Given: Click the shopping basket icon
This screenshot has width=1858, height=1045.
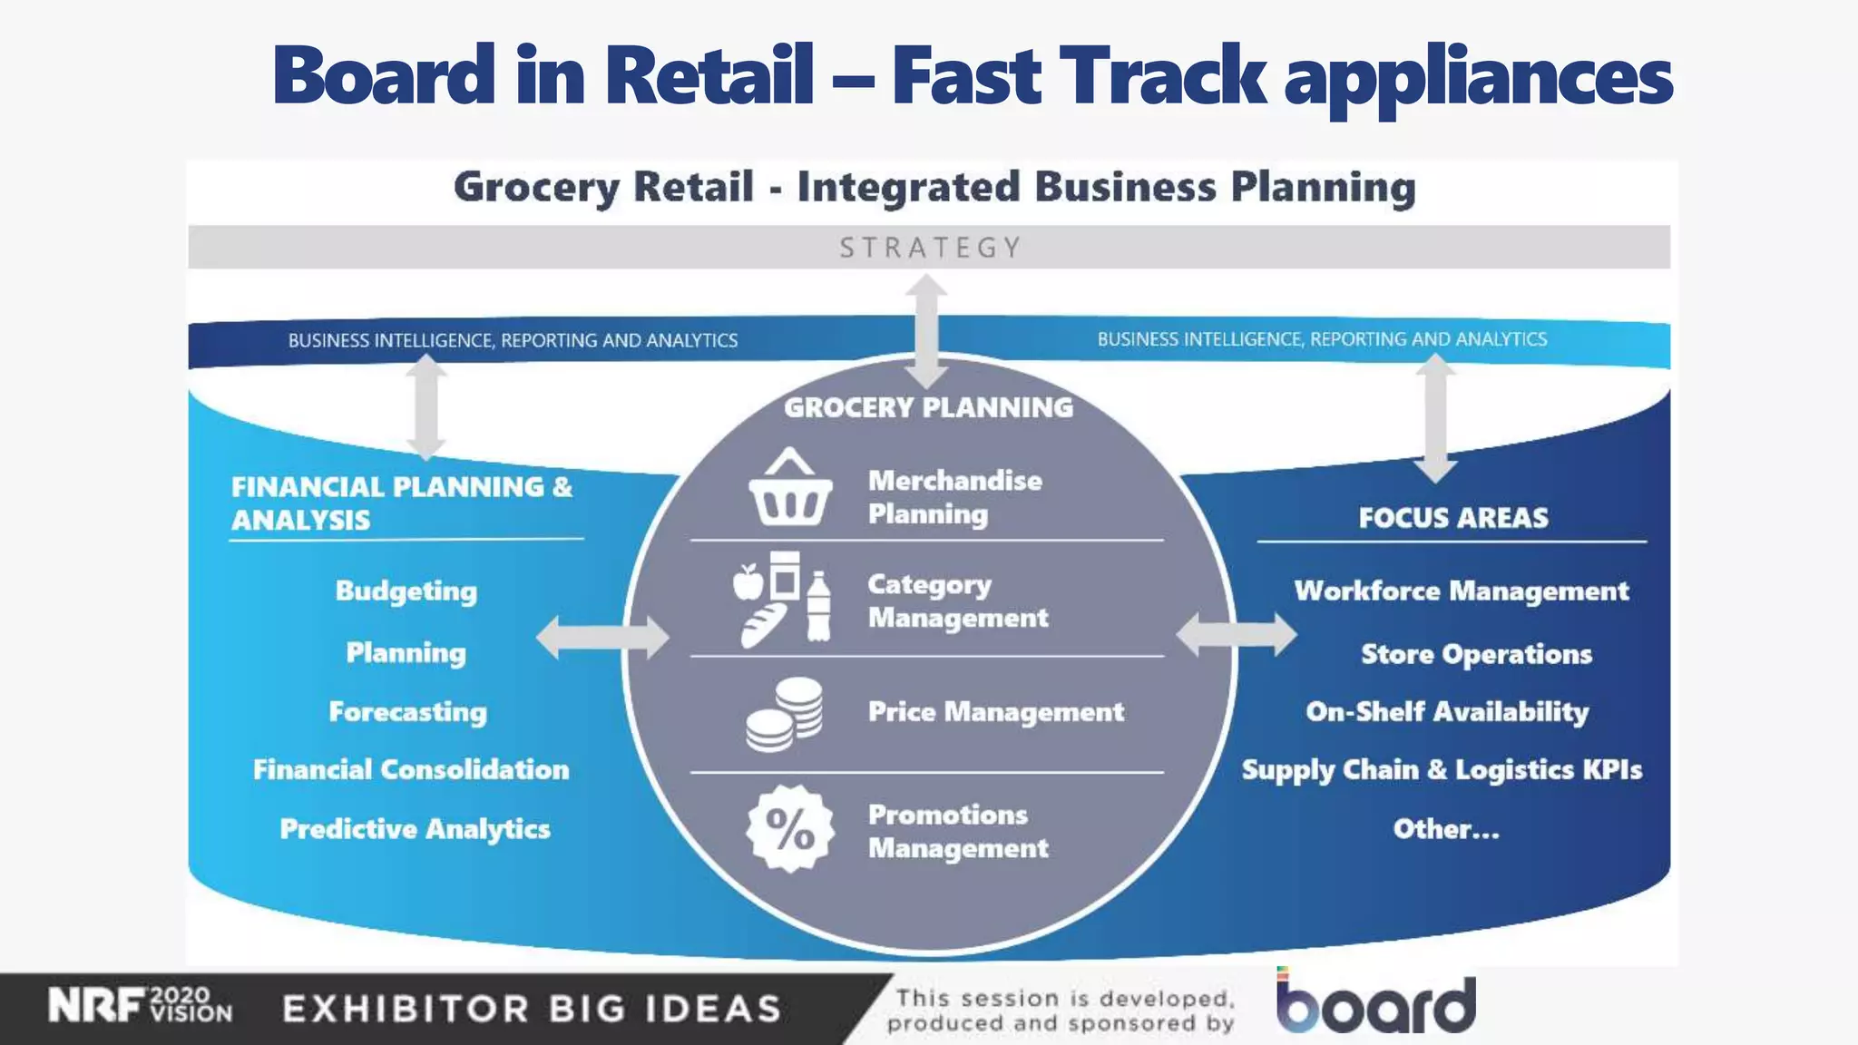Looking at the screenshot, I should click(x=790, y=491).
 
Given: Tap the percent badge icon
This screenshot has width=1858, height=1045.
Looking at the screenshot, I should click(x=790, y=828).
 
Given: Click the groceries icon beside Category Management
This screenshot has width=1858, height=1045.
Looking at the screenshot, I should click(x=782, y=599).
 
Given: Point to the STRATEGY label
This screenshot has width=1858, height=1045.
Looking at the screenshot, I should click(x=930, y=248).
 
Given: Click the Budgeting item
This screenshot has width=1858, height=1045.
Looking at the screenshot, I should click(x=406, y=591).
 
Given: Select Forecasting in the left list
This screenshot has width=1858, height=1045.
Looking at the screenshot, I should click(x=407, y=712).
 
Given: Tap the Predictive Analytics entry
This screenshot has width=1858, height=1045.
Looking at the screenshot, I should click(x=415, y=829).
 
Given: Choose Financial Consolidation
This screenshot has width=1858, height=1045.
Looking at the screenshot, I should click(x=411, y=770).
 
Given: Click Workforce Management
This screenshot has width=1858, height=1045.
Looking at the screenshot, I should click(x=1461, y=591).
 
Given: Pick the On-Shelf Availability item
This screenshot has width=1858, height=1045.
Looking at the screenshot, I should click(x=1447, y=712).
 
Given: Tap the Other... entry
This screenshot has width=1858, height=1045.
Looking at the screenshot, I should click(x=1446, y=829).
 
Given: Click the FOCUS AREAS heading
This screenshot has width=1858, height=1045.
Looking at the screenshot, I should click(x=1452, y=518).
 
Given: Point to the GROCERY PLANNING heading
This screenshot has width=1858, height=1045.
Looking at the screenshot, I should click(x=928, y=408).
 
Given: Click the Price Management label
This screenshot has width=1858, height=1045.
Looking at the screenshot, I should click(x=995, y=712).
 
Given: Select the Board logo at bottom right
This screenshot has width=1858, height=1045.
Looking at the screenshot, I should click(x=1375, y=1003).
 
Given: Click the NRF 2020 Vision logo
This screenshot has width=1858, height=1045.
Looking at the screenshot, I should click(x=141, y=1006).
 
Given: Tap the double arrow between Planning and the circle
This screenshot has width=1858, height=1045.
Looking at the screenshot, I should click(x=601, y=637).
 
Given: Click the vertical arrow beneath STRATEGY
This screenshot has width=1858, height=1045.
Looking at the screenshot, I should click(x=926, y=331).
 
